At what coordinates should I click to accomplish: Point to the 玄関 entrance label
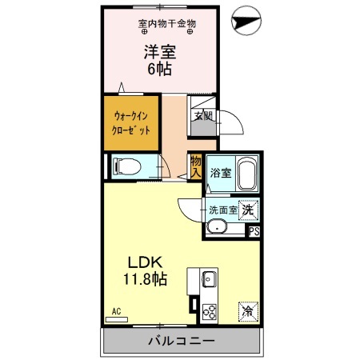coord(202,115)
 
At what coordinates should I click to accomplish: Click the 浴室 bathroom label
coord(220,173)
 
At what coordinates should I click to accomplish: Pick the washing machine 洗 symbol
coord(249,209)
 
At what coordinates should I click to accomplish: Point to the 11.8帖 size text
coord(145,280)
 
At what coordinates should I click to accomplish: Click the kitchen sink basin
coord(209,280)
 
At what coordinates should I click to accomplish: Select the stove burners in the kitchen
coord(210,311)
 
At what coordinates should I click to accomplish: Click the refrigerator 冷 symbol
coord(248,310)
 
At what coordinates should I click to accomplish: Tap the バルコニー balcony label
coord(181,342)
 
